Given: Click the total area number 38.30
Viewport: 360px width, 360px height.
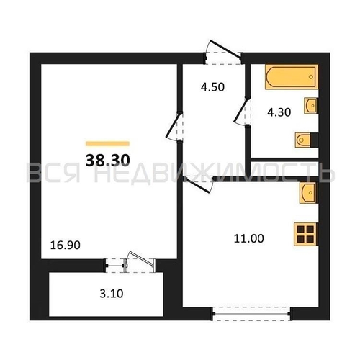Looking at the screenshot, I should tap(107, 161).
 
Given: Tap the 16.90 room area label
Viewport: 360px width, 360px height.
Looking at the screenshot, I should tap(65, 245).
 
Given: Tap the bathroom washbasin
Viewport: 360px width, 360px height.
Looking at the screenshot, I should tap(311, 106).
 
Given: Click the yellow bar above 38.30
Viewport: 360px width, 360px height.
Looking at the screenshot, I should tap(107, 143).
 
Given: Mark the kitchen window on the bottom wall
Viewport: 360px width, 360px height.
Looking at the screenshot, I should tap(252, 312).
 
